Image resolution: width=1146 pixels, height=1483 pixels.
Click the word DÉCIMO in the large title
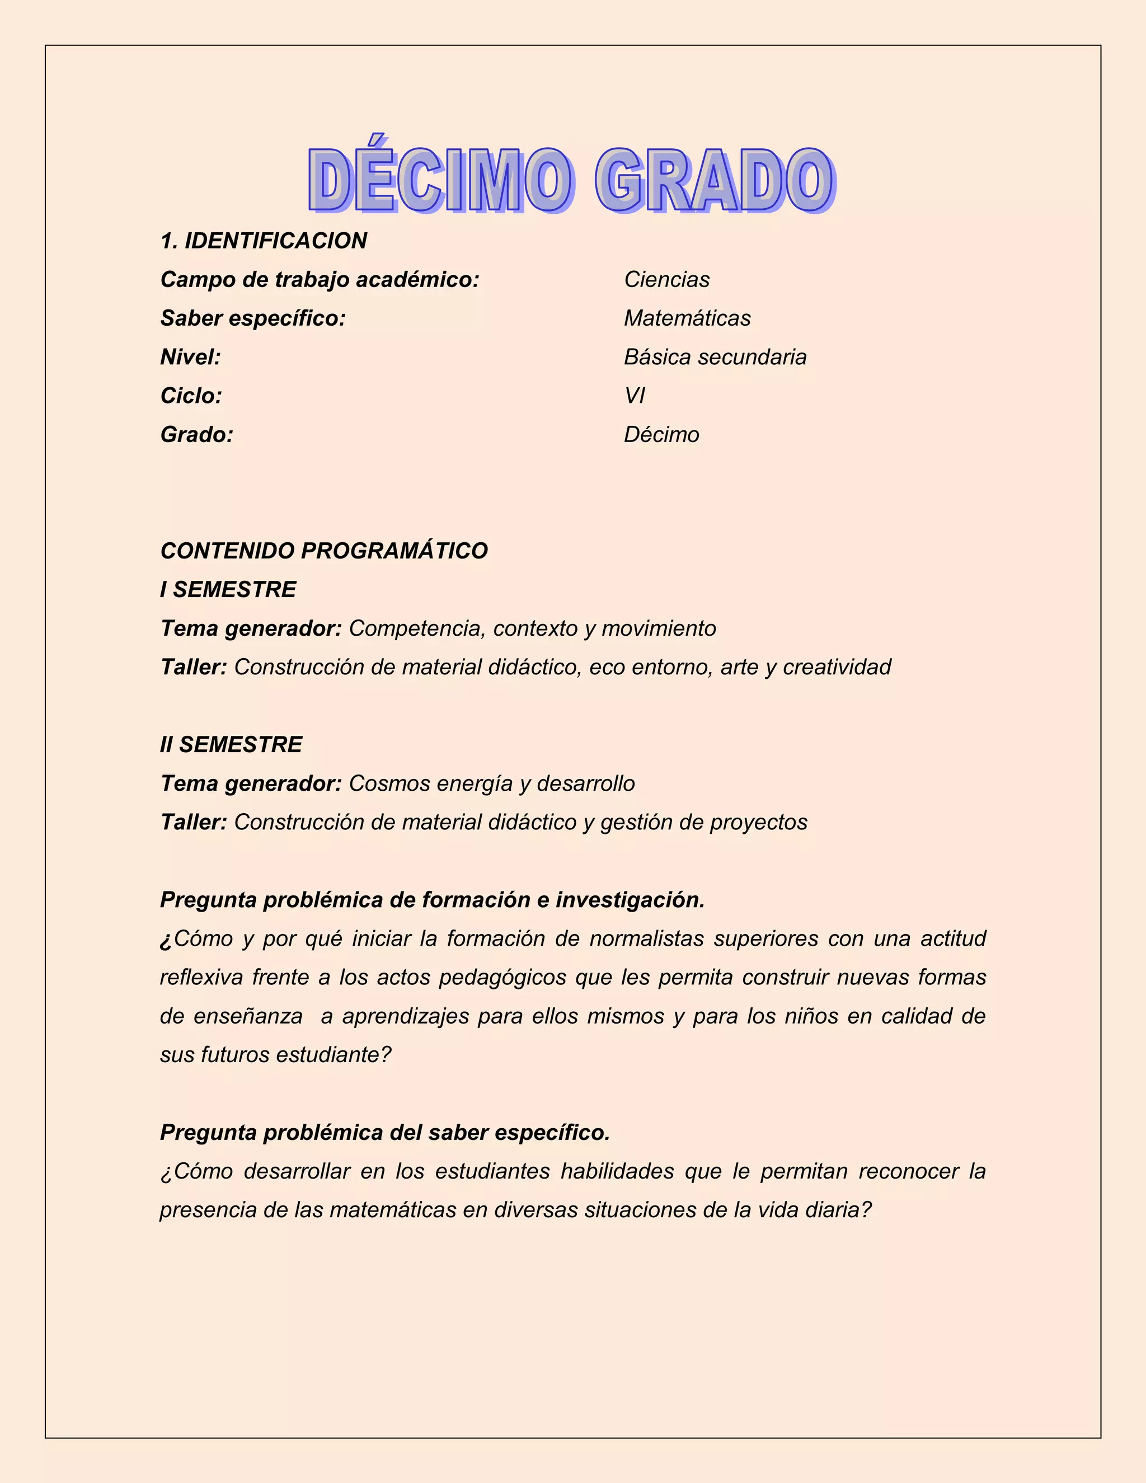click(440, 181)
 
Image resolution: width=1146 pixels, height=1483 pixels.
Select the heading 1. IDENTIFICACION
click(264, 241)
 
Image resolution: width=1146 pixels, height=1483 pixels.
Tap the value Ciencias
click(666, 279)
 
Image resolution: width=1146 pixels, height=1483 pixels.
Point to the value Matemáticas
click(687, 318)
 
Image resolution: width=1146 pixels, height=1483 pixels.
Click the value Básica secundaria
click(715, 357)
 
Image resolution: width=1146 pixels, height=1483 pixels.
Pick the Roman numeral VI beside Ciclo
click(634, 396)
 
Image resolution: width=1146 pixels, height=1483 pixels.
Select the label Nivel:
click(191, 357)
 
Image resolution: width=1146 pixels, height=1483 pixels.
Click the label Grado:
click(197, 435)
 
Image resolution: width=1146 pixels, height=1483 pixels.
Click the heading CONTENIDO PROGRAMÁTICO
click(324, 551)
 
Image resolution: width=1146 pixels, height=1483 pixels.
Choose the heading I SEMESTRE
click(228, 589)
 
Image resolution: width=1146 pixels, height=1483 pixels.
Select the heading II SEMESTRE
click(231, 745)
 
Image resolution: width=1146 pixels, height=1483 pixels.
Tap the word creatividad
click(837, 668)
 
